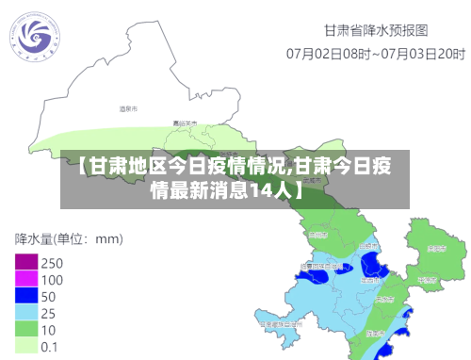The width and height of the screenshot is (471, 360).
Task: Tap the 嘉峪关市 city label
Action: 184,123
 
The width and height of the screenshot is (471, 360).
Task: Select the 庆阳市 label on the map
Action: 435,249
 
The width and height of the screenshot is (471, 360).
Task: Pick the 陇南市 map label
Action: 377,335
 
